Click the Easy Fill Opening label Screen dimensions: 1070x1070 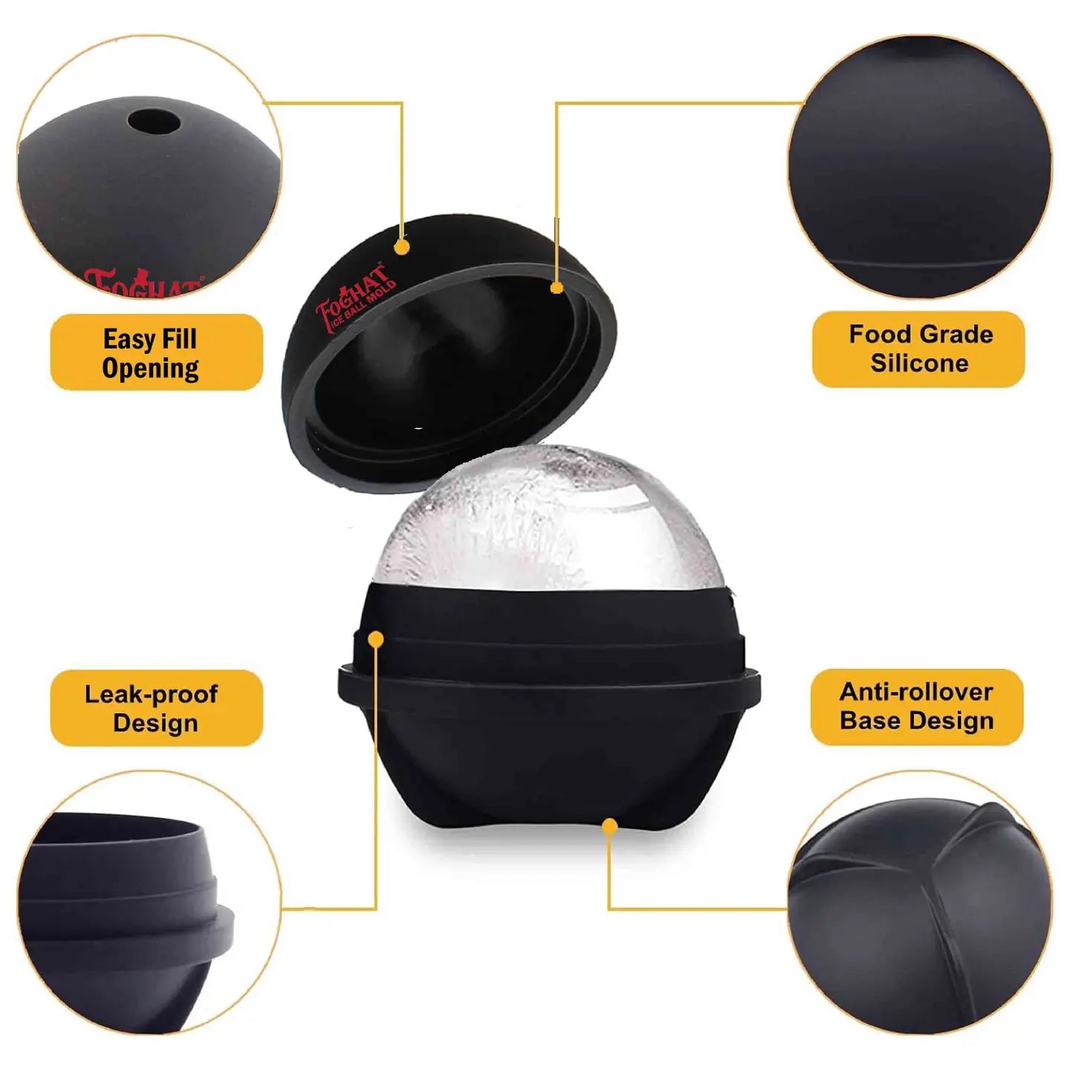(157, 352)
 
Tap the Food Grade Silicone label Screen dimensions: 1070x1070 (918, 348)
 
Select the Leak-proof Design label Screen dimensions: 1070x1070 (157, 708)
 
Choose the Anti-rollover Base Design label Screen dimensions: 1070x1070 (917, 707)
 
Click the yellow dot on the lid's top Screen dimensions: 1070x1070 (401, 247)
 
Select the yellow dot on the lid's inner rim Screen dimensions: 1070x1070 (557, 288)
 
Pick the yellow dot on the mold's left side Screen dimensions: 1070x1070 (377, 639)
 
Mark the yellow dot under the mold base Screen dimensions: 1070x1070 (610, 827)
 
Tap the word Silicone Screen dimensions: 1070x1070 (919, 363)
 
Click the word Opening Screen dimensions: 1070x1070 (151, 368)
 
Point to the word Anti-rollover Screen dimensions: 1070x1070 (916, 692)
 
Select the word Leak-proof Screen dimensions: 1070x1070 (151, 694)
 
